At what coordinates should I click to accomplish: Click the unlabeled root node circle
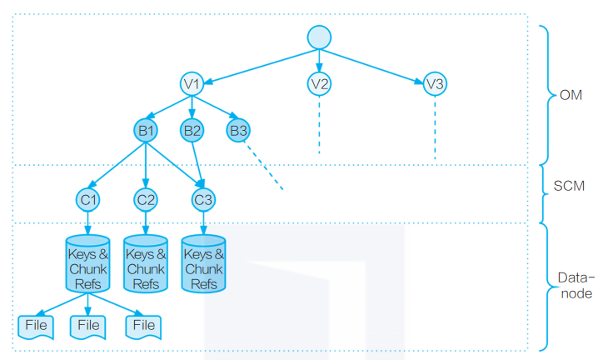point(319,37)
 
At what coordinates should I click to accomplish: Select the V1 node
point(192,83)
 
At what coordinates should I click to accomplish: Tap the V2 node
point(319,83)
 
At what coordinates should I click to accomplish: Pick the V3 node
point(434,83)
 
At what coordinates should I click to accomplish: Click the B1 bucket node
point(146,130)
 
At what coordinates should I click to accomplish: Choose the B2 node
point(192,130)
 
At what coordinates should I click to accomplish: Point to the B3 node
point(238,130)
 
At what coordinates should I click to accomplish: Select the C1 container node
point(88,199)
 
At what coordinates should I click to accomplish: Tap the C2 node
point(146,199)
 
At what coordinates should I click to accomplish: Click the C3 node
point(203,199)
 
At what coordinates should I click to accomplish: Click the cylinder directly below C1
point(88,263)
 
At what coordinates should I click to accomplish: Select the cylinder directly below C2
point(146,263)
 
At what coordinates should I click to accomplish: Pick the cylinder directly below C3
point(203,263)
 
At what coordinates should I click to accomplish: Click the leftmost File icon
point(36,325)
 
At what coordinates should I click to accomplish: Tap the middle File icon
point(88,325)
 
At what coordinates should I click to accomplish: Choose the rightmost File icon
point(143,325)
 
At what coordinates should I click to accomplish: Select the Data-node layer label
point(575,285)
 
